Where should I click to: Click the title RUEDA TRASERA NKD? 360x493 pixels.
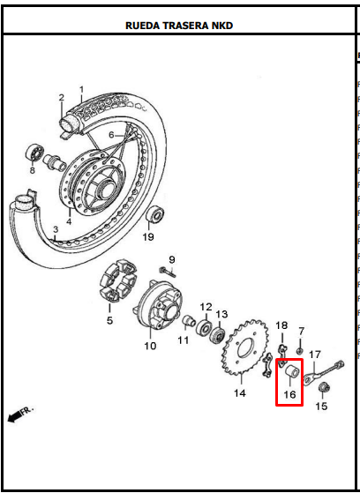pos(179,26)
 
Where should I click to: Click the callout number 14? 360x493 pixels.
pos(239,393)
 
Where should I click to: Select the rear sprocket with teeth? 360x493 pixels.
pos(244,347)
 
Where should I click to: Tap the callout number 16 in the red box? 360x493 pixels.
pos(289,394)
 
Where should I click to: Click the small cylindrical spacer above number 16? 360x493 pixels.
pos(292,371)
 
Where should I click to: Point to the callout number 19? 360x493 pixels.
pos(148,236)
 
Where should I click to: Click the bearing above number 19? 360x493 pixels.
pos(155,213)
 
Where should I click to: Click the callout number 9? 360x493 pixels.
pos(171,260)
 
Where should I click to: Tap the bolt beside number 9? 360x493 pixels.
pos(168,272)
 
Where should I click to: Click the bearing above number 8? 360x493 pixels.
pos(34,153)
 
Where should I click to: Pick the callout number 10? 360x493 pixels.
pos(150,346)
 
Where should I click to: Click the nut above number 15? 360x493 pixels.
pos(324,387)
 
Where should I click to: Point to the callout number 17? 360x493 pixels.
pos(315,355)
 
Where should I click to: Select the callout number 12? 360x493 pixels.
pos(206,307)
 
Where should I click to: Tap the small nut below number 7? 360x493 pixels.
pos(300,351)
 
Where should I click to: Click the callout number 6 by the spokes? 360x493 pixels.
pos(111,135)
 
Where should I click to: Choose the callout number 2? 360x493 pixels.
pos(62,98)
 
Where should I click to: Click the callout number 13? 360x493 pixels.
pos(221,314)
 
